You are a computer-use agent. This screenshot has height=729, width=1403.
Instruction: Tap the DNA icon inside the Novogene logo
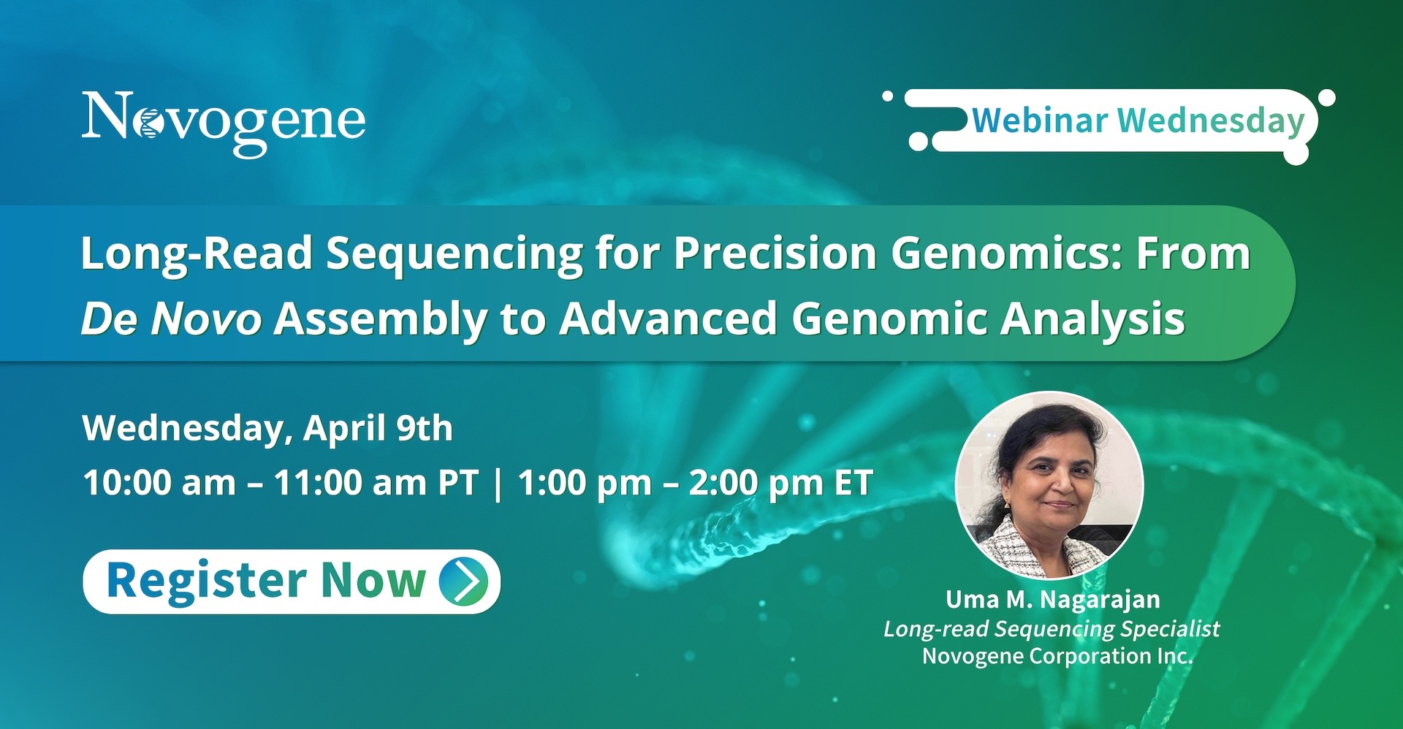pos(150,123)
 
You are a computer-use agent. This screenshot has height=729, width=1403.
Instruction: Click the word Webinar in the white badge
pos(1040,121)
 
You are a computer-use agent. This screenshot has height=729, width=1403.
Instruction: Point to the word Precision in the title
pos(775,253)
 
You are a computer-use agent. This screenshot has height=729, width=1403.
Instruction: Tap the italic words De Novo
pos(172,319)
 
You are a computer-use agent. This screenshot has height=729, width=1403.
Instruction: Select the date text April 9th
pos(378,428)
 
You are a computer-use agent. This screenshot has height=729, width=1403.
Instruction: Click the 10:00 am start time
pos(160,483)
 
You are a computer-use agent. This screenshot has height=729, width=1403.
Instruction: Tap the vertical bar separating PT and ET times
pos(498,484)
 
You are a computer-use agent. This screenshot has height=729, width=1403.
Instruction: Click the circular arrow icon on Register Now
pos(464,581)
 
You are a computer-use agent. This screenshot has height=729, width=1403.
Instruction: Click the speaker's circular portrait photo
pos(1049,486)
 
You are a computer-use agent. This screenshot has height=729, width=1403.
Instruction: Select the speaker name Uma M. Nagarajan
pos(1053,600)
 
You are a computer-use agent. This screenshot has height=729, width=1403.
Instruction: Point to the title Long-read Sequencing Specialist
pos(1052,630)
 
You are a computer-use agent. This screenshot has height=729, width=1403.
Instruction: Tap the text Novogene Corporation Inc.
pos(1057,657)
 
